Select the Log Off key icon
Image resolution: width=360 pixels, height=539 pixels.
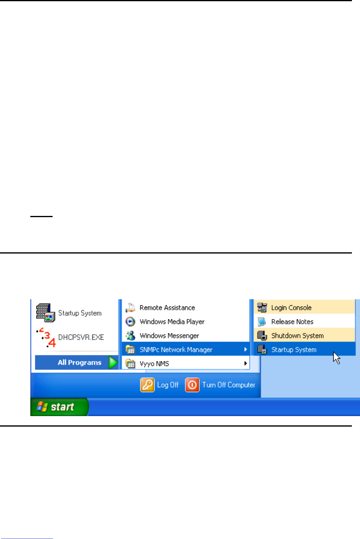click(x=147, y=385)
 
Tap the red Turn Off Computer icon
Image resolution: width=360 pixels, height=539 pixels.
click(x=192, y=385)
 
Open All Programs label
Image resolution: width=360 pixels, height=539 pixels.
click(x=79, y=362)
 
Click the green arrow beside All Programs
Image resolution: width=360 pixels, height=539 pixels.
click(x=113, y=363)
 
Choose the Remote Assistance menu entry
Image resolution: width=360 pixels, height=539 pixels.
click(x=167, y=308)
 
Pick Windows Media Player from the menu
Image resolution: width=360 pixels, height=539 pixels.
click(x=172, y=322)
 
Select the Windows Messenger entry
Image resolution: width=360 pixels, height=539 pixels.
click(x=169, y=336)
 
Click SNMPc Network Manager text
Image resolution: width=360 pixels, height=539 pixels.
click(x=176, y=349)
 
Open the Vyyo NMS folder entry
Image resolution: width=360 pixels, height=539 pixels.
click(x=154, y=364)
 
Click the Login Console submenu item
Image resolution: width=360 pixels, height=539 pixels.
click(x=291, y=308)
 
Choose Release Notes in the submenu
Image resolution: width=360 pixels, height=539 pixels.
click(x=292, y=322)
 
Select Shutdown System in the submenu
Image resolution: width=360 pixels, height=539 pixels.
click(x=297, y=336)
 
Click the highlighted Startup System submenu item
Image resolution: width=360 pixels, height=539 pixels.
click(x=294, y=349)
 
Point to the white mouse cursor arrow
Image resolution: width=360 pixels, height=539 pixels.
click(x=336, y=357)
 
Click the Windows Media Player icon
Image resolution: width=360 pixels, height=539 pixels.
click(x=131, y=322)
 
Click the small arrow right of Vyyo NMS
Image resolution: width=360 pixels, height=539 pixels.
click(x=245, y=364)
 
